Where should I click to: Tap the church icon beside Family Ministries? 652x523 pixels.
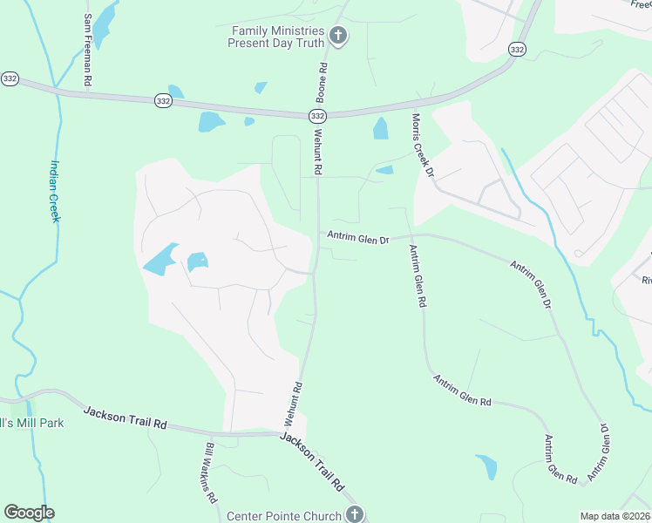click(x=339, y=37)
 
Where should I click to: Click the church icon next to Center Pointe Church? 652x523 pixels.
click(x=354, y=514)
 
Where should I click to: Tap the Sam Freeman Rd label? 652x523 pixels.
click(x=88, y=49)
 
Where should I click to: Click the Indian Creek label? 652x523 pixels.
click(x=54, y=191)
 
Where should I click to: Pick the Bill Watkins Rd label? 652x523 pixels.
click(x=210, y=473)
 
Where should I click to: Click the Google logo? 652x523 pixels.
click(x=29, y=513)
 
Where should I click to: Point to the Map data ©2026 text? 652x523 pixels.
click(x=615, y=516)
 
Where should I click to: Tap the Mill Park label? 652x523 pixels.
click(x=23, y=423)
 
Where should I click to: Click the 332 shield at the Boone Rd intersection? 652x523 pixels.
click(x=317, y=116)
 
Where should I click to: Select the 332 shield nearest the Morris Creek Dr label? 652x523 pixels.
click(x=517, y=50)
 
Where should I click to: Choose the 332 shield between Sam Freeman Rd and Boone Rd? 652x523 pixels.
click(x=163, y=102)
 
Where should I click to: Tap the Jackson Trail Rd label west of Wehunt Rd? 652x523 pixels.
click(x=126, y=418)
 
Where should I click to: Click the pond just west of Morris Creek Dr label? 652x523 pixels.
click(x=381, y=129)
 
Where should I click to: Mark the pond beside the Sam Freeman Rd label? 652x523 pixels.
click(x=105, y=24)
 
